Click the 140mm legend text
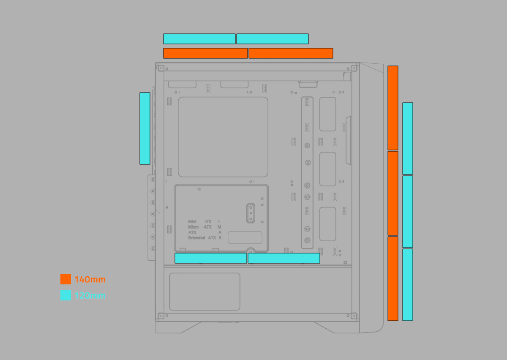click(x=90, y=280)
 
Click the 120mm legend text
click(x=90, y=296)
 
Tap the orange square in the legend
click(x=65, y=279)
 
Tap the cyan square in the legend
click(x=65, y=295)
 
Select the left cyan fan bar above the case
click(x=199, y=39)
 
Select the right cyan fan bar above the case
click(x=273, y=39)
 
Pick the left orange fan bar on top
click(x=205, y=53)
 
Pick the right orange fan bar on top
click(x=291, y=53)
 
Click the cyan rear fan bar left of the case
click(x=145, y=128)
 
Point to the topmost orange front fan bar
click(x=393, y=108)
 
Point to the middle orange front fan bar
click(x=393, y=193)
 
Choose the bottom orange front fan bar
click(x=393, y=278)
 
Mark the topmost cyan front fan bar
click(x=408, y=138)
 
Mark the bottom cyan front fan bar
click(x=408, y=284)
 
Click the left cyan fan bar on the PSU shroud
click(x=211, y=258)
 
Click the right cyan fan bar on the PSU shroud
click(x=284, y=258)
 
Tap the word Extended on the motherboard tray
click(x=196, y=238)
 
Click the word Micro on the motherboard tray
click(x=194, y=227)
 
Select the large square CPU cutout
click(x=223, y=137)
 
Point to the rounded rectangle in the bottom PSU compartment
click(x=204, y=292)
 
